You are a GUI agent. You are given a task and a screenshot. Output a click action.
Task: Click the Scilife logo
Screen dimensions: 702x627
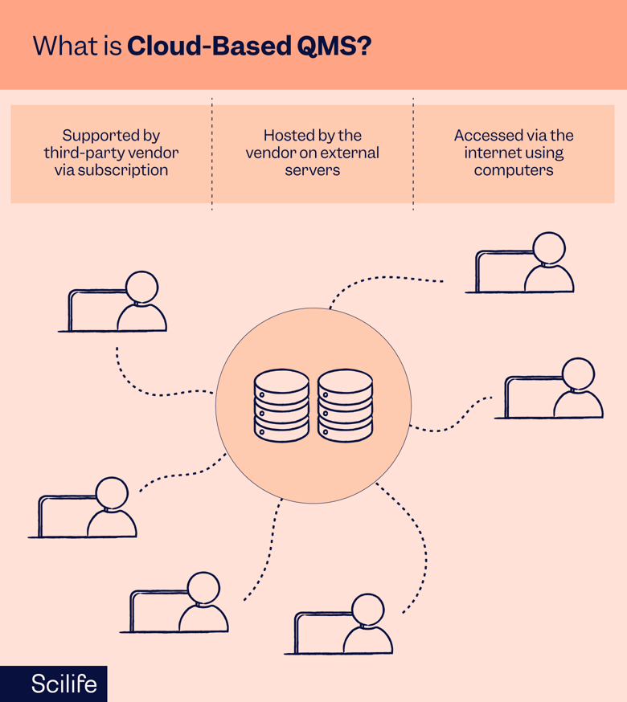click(x=64, y=684)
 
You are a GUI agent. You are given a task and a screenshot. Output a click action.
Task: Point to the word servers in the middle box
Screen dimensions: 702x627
click(x=312, y=170)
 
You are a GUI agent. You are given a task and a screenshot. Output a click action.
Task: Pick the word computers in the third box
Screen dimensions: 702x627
click(x=513, y=170)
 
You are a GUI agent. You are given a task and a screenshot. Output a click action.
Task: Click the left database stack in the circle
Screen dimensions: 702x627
click(x=281, y=406)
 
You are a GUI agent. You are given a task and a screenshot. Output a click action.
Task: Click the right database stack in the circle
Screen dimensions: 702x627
click(x=346, y=406)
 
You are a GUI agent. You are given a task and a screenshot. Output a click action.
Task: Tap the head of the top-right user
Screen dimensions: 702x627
click(x=549, y=248)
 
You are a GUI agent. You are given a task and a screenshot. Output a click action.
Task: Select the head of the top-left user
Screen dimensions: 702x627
click(x=142, y=288)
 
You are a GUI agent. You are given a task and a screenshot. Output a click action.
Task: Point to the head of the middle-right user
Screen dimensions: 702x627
click(x=578, y=374)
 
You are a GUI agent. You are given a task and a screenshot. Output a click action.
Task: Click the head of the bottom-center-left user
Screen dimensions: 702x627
click(x=203, y=588)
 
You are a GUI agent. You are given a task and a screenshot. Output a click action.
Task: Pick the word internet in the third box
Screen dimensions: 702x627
click(x=491, y=153)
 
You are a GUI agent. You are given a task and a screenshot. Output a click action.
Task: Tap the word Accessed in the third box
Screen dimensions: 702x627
click(x=485, y=136)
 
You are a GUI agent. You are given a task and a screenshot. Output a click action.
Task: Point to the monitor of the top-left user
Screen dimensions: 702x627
click(x=95, y=309)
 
